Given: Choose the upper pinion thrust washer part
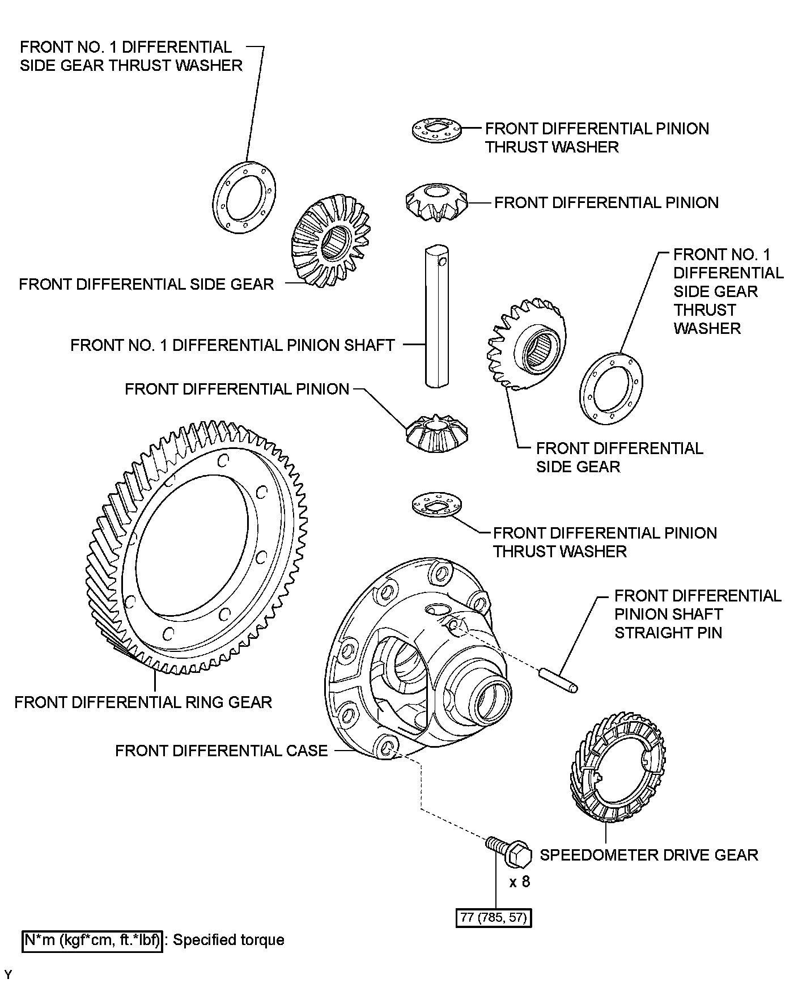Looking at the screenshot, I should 436,129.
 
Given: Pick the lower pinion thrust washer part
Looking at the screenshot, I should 436,504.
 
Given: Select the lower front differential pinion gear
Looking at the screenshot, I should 436,434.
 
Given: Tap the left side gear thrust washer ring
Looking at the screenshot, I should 244,196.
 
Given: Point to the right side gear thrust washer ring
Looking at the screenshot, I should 612,388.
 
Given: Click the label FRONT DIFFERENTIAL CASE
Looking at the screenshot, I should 222,751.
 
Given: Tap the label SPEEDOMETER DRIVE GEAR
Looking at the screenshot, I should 649,855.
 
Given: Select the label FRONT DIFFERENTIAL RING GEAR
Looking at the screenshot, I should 143,702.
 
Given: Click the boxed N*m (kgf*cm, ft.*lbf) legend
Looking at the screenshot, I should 92,940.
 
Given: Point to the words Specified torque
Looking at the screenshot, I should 228,940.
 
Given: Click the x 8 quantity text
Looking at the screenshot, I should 519,882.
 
